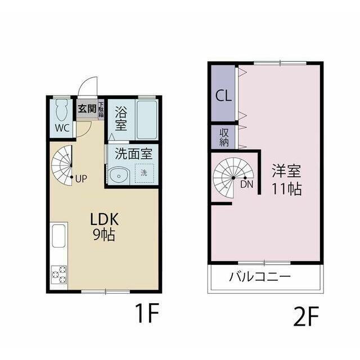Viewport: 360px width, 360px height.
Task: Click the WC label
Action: point(62,128)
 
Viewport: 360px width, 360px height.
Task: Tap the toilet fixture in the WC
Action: point(62,110)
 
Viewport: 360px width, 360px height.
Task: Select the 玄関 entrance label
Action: point(87,109)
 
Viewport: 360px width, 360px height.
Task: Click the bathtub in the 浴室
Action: point(147,120)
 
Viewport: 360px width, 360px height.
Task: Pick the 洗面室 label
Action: point(134,154)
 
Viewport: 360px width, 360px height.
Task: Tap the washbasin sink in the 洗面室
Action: point(119,176)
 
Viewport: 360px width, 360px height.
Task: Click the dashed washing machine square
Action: point(144,173)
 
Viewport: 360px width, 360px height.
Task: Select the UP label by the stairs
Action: point(81,179)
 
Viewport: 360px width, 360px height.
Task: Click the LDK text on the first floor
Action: point(105,219)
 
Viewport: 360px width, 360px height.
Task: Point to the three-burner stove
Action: point(59,274)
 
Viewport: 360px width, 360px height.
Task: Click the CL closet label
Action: point(223,95)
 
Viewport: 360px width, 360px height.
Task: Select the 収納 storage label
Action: point(224,137)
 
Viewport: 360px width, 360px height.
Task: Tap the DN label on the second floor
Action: point(247,184)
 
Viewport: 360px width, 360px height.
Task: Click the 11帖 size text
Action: point(287,189)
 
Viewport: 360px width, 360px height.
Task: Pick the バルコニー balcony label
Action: point(260,277)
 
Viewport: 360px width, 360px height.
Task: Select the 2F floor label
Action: point(306,317)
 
